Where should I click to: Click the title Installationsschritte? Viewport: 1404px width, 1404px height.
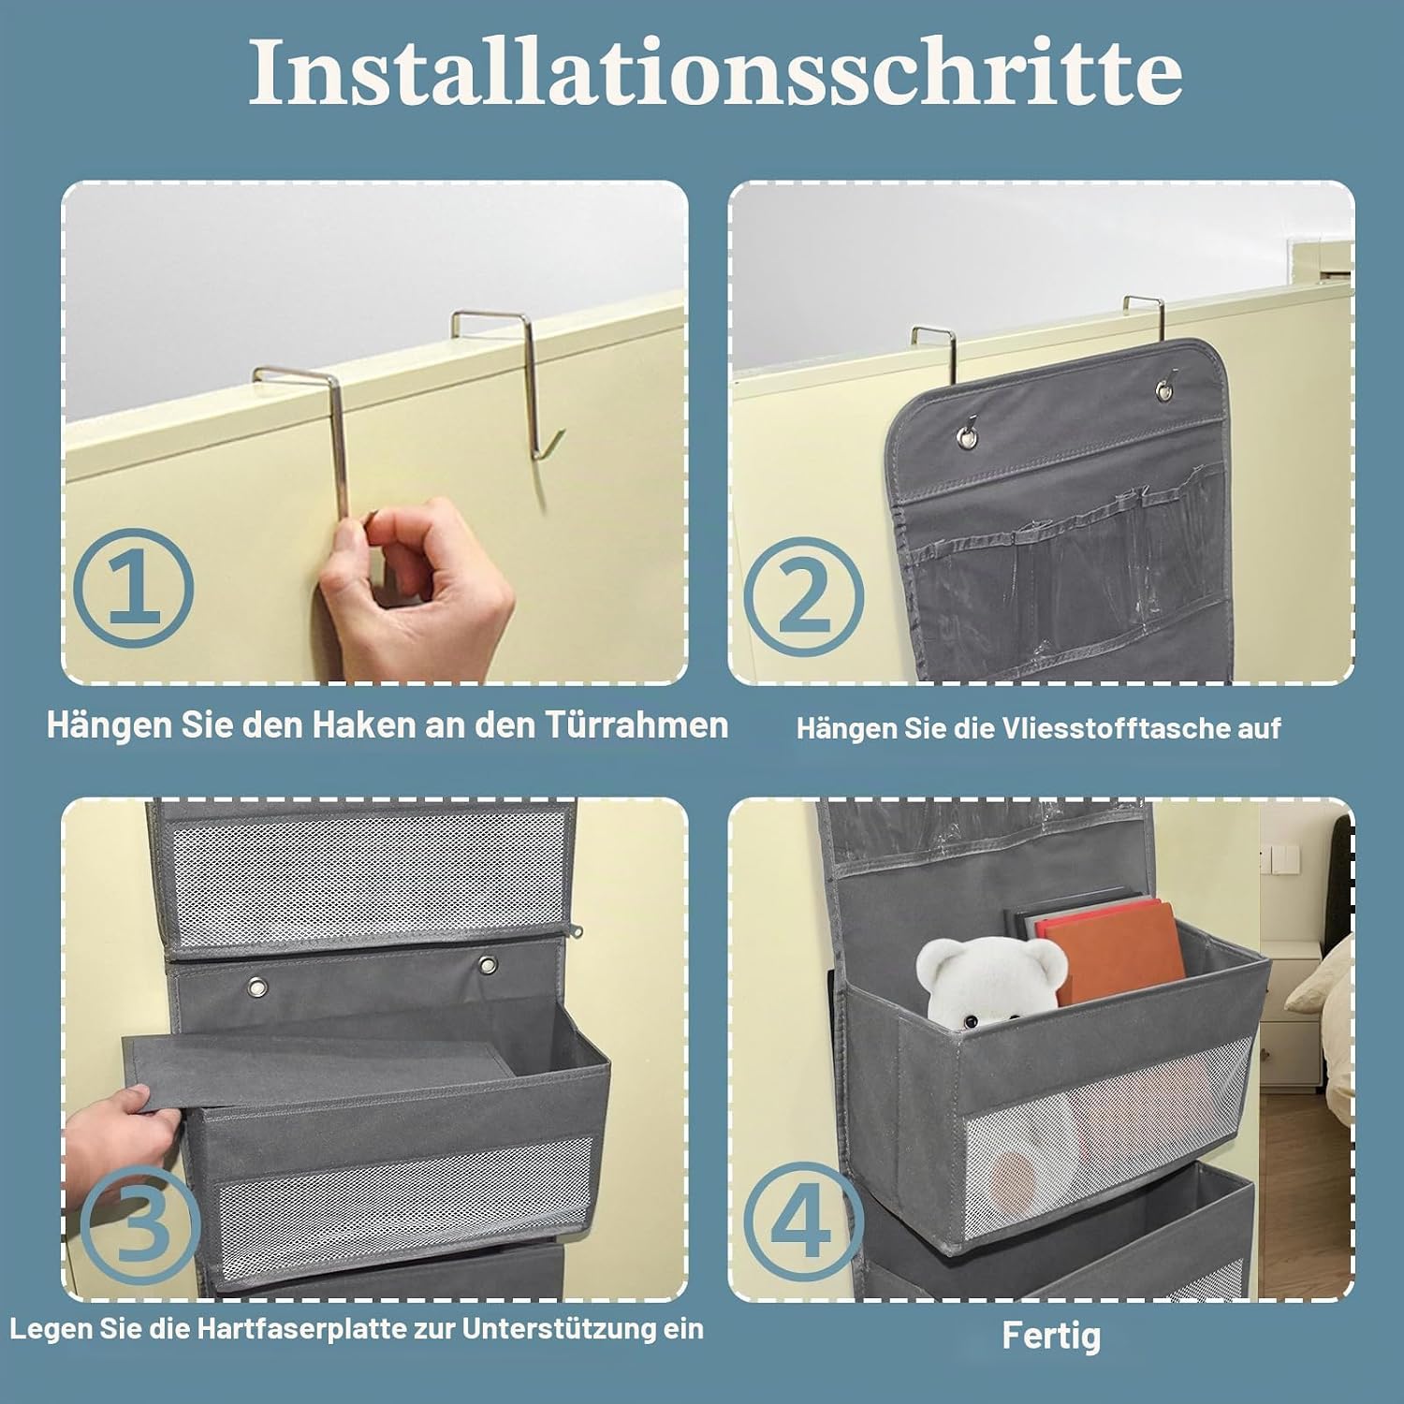[715, 72]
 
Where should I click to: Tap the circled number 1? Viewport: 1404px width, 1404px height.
[134, 588]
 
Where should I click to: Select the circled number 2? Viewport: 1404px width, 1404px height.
[804, 595]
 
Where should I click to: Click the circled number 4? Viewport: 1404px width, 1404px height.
[804, 1222]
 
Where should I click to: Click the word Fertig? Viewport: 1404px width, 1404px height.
[1051, 1336]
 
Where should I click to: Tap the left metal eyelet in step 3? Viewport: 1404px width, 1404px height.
[256, 986]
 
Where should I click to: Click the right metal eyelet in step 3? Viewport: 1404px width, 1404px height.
[487, 964]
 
